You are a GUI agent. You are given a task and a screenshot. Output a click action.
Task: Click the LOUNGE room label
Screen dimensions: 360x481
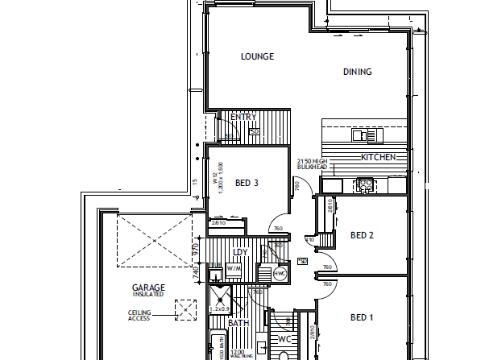[258, 56]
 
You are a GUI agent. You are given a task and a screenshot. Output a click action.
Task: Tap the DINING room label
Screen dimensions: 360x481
[357, 72]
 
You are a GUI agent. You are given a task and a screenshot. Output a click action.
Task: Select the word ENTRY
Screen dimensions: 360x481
[243, 118]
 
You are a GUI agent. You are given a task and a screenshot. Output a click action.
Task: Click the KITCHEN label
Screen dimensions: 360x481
[378, 157]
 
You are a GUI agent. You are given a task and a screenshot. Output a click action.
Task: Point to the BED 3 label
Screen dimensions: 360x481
[247, 183]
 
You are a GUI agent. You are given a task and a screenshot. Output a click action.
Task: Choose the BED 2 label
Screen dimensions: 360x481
[363, 235]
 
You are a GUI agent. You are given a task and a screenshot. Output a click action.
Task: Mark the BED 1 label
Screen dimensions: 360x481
[361, 317]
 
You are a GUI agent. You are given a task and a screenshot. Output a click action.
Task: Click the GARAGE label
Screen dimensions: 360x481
[148, 288]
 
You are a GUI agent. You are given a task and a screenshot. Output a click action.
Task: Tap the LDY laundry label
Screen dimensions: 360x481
[239, 252]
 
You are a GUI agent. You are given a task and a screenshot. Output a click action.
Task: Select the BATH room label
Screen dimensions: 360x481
[238, 323]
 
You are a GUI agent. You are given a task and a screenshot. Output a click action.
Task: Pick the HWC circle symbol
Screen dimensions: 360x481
[280, 273]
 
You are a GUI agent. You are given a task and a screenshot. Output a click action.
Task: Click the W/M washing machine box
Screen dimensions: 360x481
[234, 269]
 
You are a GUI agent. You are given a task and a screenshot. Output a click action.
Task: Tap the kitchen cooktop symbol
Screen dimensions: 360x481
[364, 185]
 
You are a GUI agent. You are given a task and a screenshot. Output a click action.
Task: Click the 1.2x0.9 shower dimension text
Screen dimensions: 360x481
[221, 309]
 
